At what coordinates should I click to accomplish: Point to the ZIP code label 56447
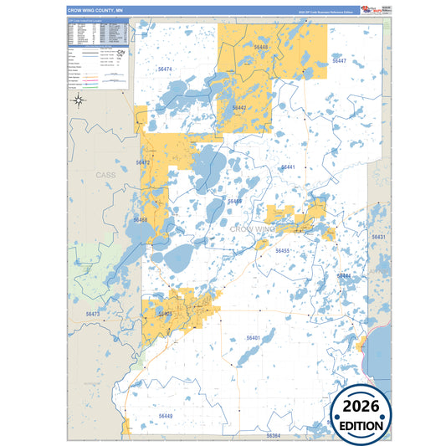pos(338,61)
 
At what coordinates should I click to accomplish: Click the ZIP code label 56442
pos(239,108)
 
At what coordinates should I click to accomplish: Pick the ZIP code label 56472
pos(141,162)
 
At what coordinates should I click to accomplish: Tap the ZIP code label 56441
pos(288,167)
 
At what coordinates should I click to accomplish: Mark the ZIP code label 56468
pos(140,220)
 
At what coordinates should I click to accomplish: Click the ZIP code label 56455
pos(282,251)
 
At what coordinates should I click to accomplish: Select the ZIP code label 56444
pos(344,275)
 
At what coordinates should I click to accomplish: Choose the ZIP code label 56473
pos(93,314)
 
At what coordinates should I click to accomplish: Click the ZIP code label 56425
pos(165,314)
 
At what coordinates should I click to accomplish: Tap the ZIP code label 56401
pos(254,337)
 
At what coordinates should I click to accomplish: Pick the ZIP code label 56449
pos(166,415)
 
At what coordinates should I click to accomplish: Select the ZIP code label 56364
pos(274,436)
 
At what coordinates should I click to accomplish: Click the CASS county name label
pos(105,175)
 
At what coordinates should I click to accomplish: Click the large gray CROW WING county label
pos(252,228)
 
